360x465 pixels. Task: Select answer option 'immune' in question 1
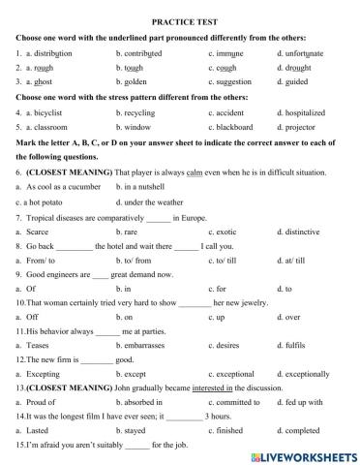click(232, 53)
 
